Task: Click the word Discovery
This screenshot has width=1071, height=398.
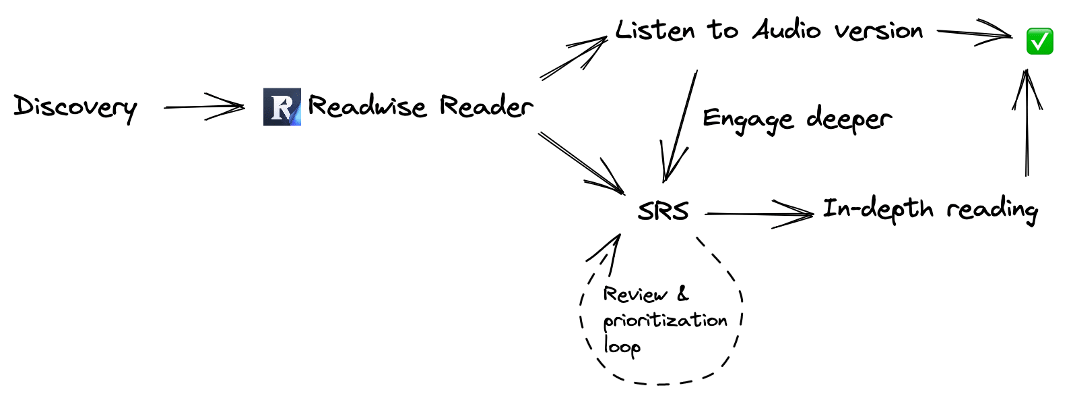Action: (x=75, y=107)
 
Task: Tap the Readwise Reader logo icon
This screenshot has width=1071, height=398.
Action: (x=282, y=107)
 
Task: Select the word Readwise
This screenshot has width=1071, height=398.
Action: (x=367, y=107)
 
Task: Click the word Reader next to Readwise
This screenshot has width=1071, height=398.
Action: (x=486, y=107)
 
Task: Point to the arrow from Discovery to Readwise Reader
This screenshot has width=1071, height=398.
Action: (x=204, y=107)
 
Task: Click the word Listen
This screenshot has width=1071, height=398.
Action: (x=655, y=30)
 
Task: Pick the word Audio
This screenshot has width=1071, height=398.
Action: (x=787, y=30)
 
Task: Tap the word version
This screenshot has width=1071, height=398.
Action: (x=878, y=31)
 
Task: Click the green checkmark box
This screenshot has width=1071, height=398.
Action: (x=1039, y=41)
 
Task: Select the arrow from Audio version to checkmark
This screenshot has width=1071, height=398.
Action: (x=975, y=33)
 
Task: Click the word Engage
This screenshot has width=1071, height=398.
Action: (x=748, y=119)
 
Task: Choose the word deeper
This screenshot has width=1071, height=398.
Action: (x=849, y=119)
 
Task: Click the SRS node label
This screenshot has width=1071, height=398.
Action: (x=663, y=211)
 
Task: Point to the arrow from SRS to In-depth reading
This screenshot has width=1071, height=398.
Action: (x=759, y=215)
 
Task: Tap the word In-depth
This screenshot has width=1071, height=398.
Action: (x=878, y=209)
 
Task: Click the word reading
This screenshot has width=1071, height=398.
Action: (x=992, y=210)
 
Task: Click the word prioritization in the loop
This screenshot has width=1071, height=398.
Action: (x=665, y=320)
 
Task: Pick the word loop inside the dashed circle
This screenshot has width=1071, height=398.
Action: (x=621, y=347)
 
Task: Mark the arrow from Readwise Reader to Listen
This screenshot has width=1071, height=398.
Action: (x=574, y=59)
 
